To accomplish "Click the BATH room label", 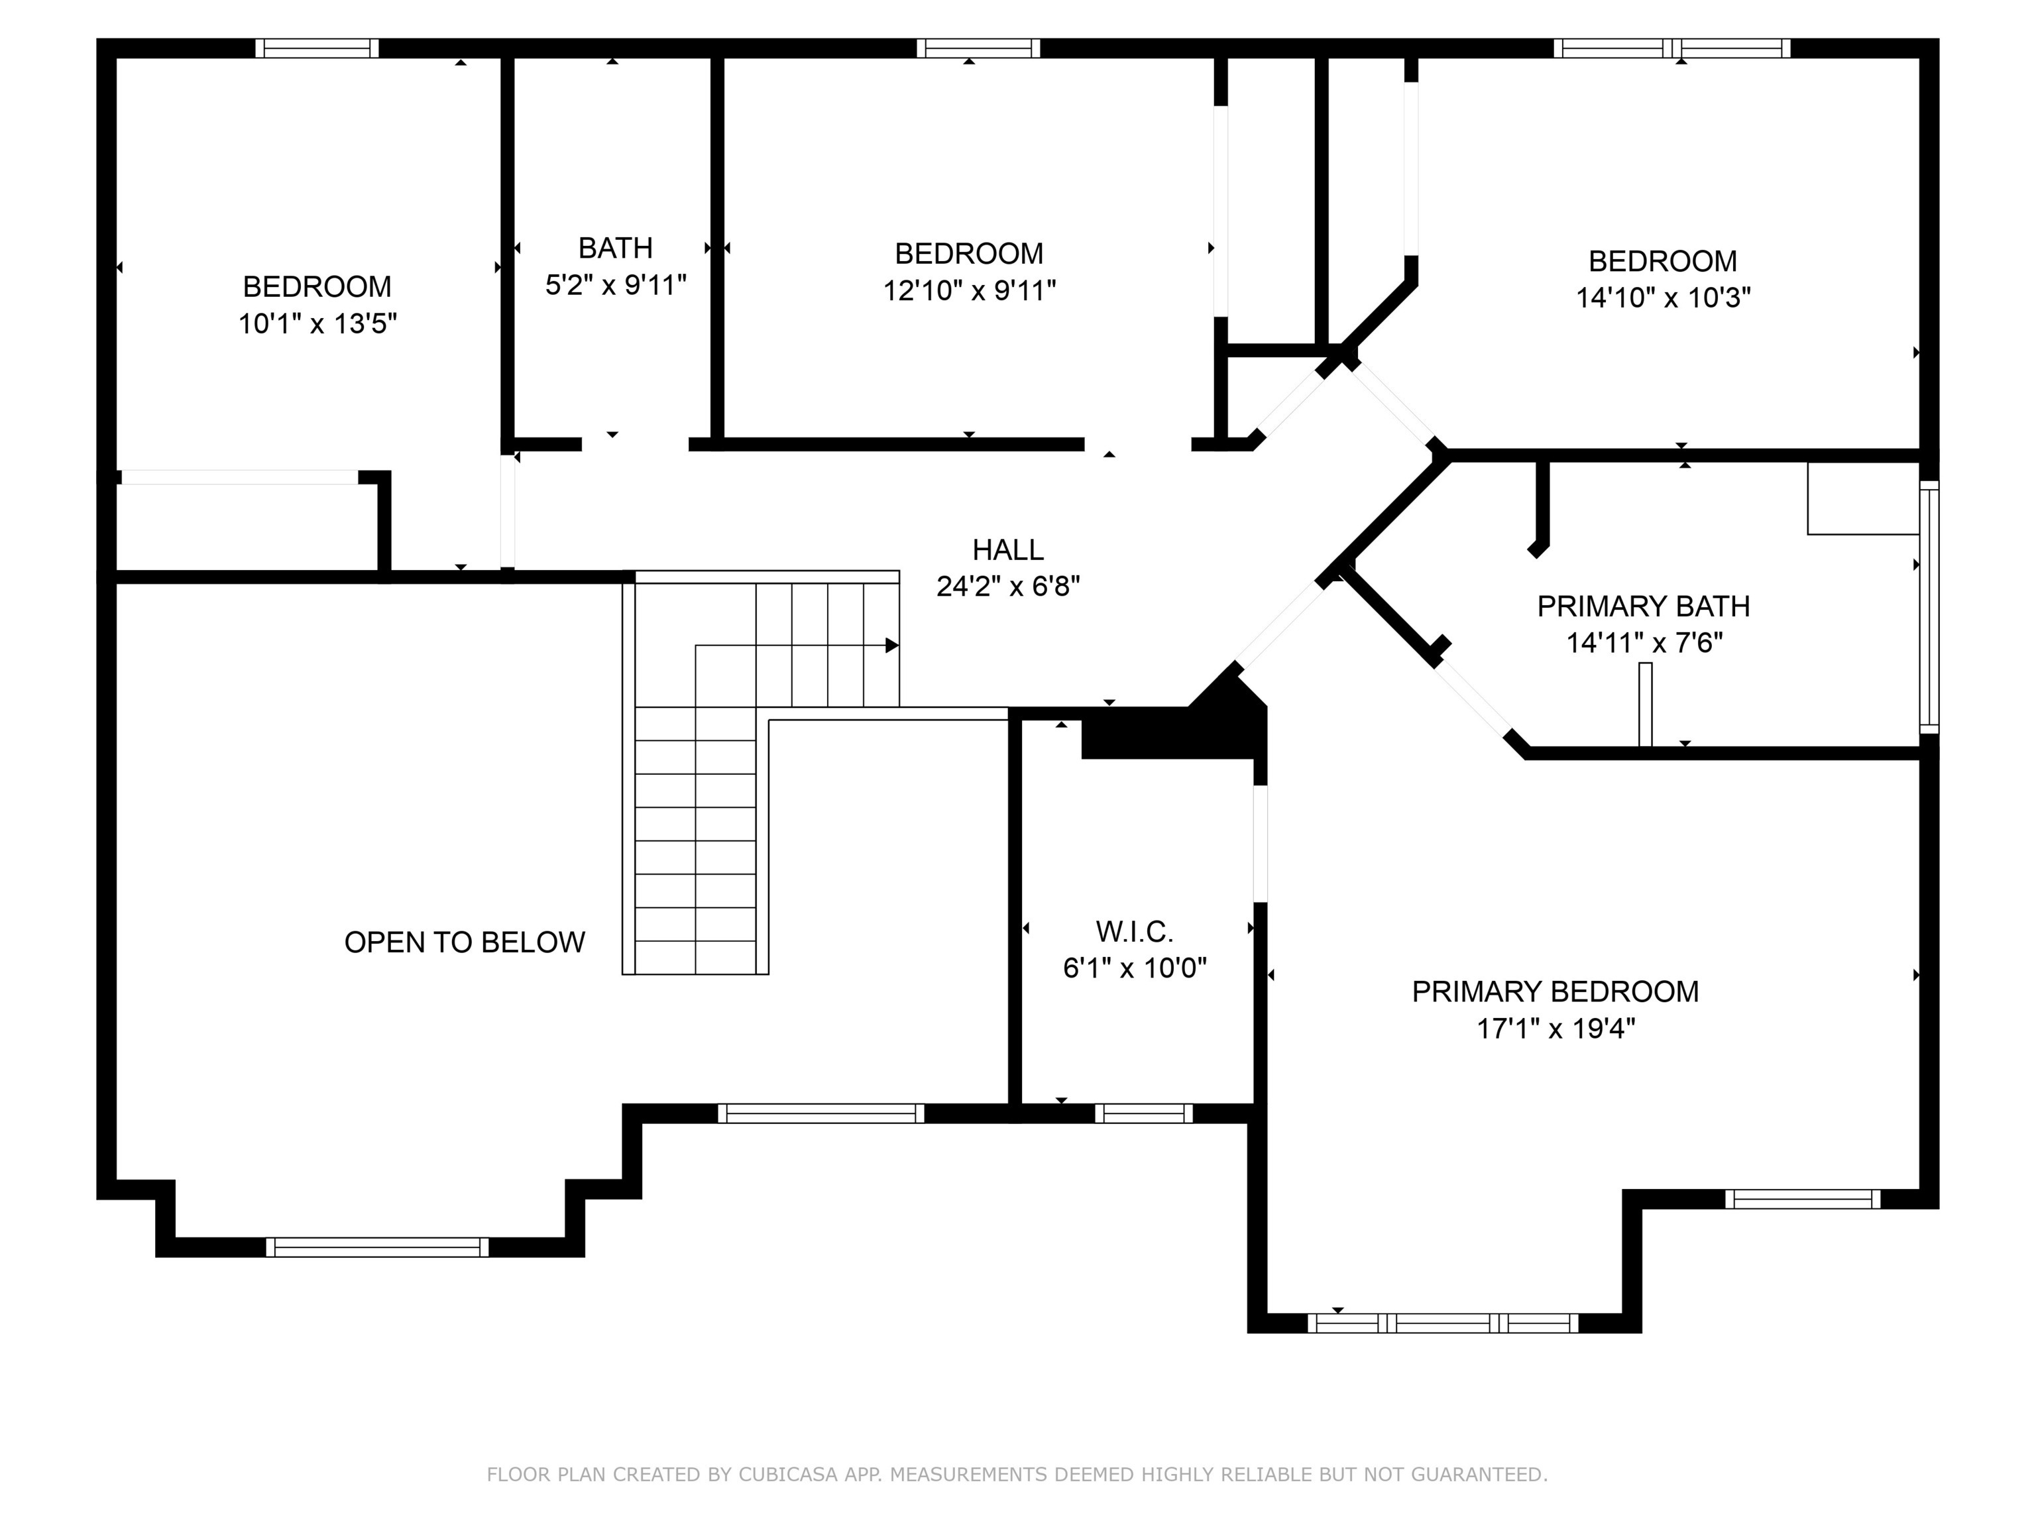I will click(615, 248).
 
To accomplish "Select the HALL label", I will click(1008, 549).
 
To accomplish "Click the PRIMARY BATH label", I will click(1643, 606).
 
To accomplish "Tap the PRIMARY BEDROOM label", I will click(1555, 991).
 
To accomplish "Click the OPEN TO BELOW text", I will click(464, 942).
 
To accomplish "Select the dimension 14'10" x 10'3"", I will click(1662, 298).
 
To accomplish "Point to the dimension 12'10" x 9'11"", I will click(968, 291).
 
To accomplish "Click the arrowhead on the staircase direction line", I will click(891, 646).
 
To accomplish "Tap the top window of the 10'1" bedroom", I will click(317, 48).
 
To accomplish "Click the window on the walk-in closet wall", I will click(1143, 1113).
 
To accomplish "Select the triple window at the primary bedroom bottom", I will click(1442, 1324).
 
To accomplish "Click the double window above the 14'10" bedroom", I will click(1671, 48).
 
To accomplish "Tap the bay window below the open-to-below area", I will click(377, 1247).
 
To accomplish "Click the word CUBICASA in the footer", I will click(787, 1475).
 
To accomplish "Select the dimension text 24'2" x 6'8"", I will click(1008, 587).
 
